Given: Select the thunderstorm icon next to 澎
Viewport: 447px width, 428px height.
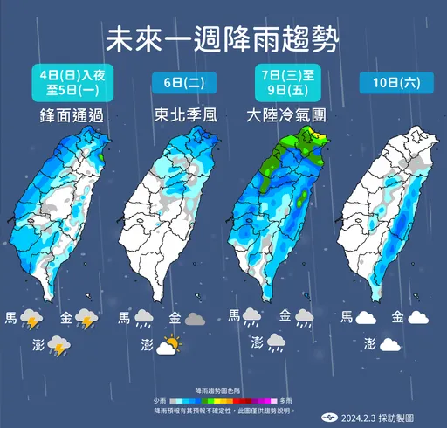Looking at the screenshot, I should click(x=58, y=346).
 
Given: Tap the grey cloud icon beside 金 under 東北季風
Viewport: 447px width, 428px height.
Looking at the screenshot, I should click(x=195, y=319).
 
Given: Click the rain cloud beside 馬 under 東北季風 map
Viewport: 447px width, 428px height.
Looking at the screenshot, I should click(x=145, y=319).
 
